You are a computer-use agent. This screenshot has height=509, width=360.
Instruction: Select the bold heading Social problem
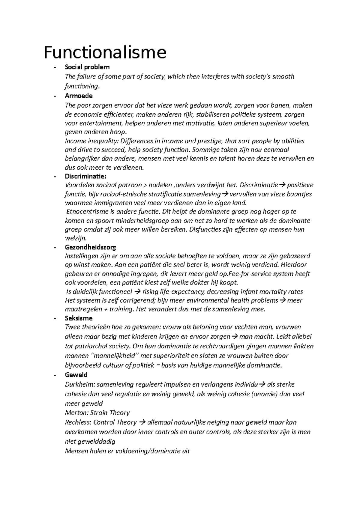[87, 67]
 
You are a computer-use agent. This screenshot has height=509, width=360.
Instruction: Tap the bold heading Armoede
[79, 96]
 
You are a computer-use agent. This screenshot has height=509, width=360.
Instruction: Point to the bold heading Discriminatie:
[85, 176]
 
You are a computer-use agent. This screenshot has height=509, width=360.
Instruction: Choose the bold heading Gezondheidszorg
[90, 247]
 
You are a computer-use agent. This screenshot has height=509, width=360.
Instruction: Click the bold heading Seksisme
[79, 318]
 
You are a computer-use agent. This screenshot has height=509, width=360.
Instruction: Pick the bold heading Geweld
[76, 375]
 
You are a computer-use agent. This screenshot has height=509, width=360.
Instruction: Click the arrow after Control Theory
[142, 422]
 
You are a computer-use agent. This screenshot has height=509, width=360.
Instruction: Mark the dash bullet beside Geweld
[55, 375]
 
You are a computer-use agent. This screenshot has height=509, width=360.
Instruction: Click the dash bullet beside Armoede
[55, 96]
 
